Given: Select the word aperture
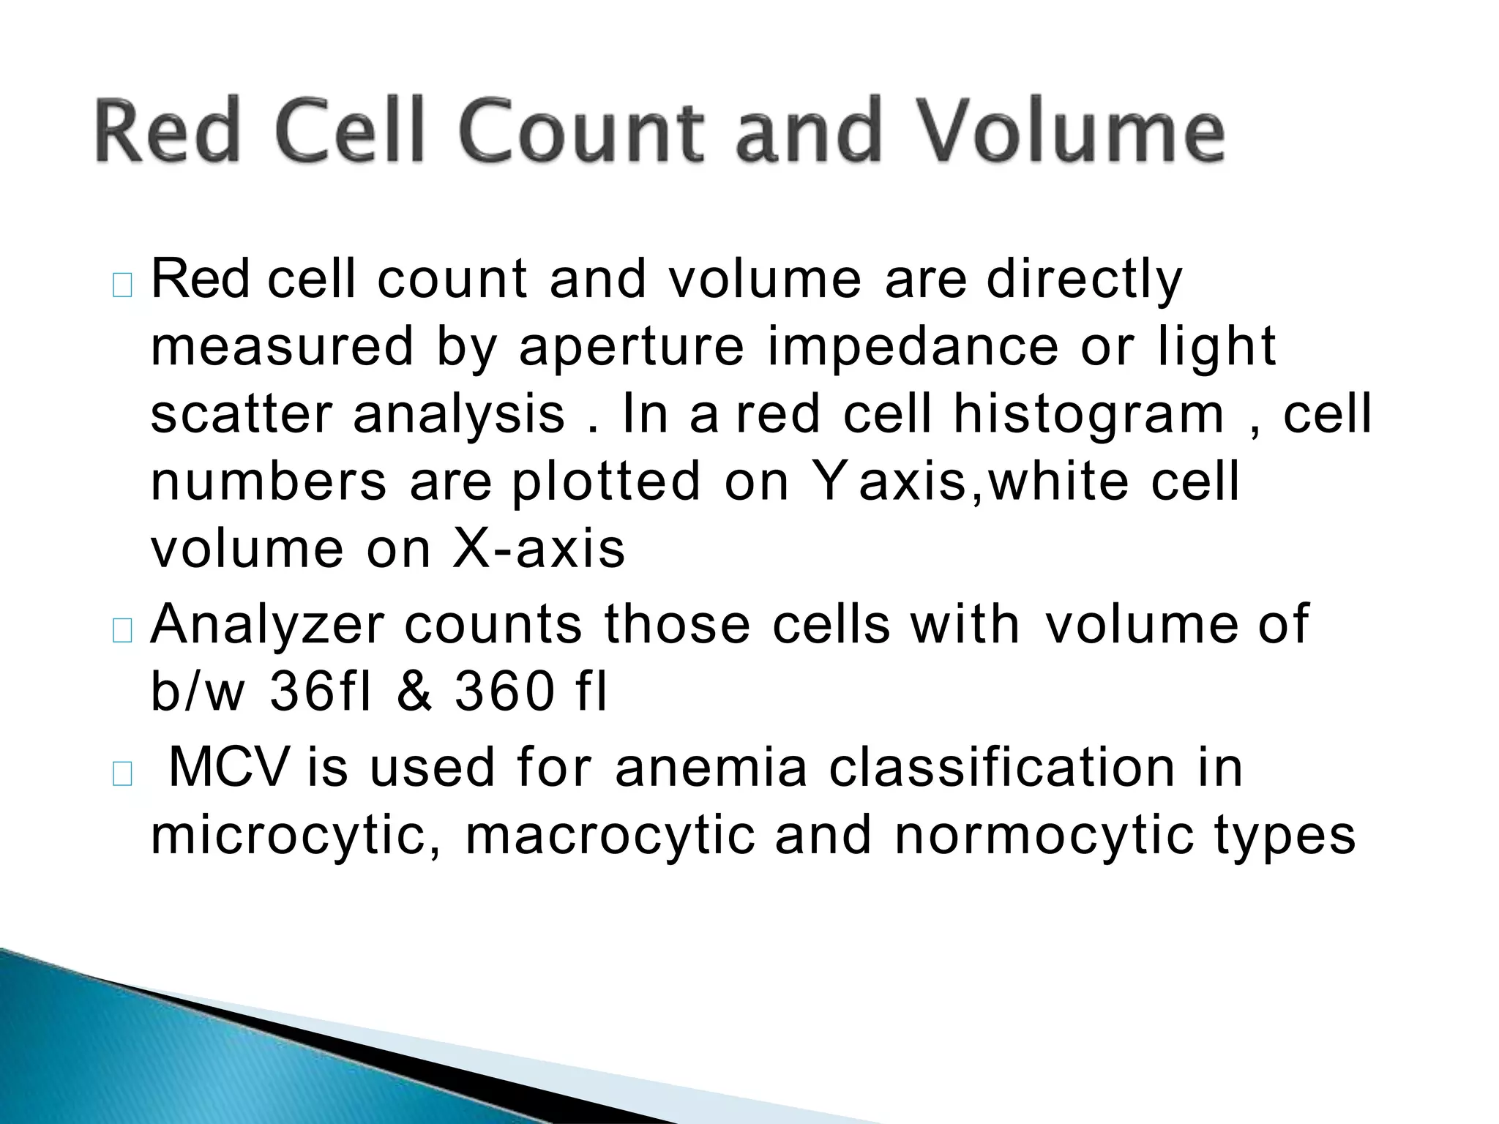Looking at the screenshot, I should [x=630, y=347].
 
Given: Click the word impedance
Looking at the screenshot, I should [x=913, y=347].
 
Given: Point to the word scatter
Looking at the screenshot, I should [x=241, y=414].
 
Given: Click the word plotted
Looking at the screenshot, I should [x=606, y=482].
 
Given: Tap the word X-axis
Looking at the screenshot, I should [x=539, y=549].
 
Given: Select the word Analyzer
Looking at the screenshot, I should [x=267, y=625].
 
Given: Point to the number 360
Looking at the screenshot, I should [x=504, y=692].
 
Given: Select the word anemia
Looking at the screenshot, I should [x=711, y=768].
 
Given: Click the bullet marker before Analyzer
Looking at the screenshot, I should [x=122, y=632].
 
